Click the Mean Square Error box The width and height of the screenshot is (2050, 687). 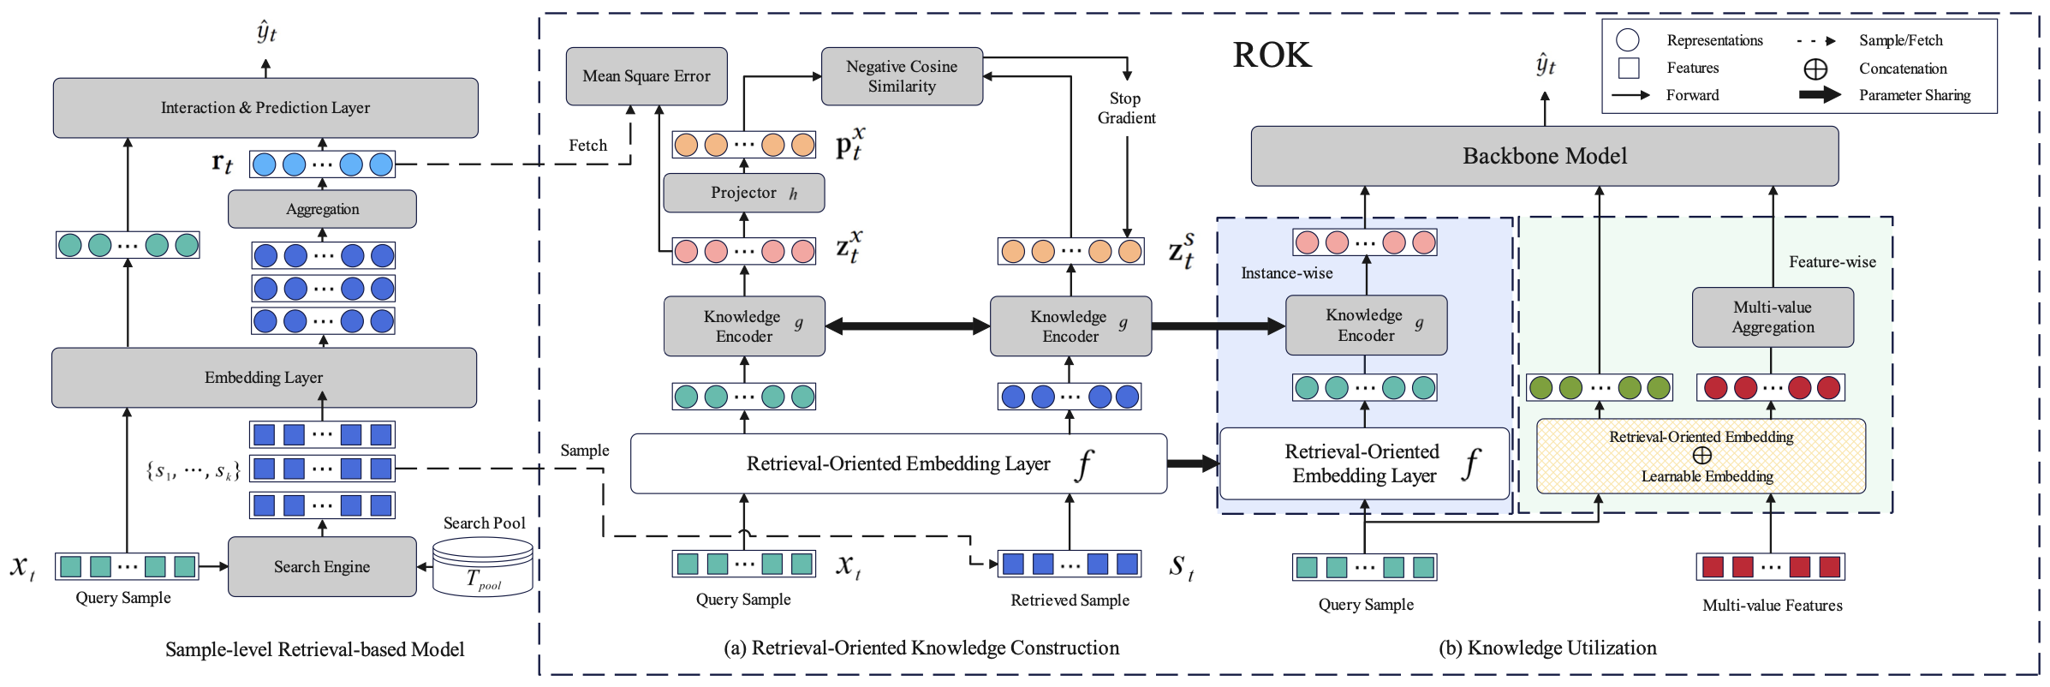(x=646, y=76)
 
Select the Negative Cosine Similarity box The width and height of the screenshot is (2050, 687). (x=901, y=76)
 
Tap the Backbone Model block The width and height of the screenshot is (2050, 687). (x=1544, y=156)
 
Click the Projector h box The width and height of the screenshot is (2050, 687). (x=743, y=193)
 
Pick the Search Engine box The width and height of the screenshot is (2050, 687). (x=322, y=566)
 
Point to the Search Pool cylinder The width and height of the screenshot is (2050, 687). (x=483, y=566)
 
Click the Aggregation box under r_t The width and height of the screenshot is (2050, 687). (x=322, y=209)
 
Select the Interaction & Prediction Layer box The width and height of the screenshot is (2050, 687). (x=265, y=108)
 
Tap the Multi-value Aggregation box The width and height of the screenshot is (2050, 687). (x=1773, y=317)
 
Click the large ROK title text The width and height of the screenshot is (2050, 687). (x=1272, y=56)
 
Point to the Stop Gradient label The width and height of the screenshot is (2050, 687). (x=1126, y=109)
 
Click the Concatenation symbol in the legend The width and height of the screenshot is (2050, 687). (x=1815, y=69)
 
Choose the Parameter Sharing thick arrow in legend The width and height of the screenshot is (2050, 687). (x=1819, y=95)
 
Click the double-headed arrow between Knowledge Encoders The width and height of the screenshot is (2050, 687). (x=907, y=326)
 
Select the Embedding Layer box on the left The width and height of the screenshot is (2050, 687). (x=264, y=378)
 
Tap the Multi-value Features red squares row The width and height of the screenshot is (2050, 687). (x=1770, y=566)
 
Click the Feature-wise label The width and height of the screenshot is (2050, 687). (x=1832, y=262)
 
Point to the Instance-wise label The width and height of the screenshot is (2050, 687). (x=1286, y=273)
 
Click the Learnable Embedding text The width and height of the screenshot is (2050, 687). (x=1707, y=476)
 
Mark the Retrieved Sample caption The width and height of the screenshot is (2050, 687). (x=1070, y=600)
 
